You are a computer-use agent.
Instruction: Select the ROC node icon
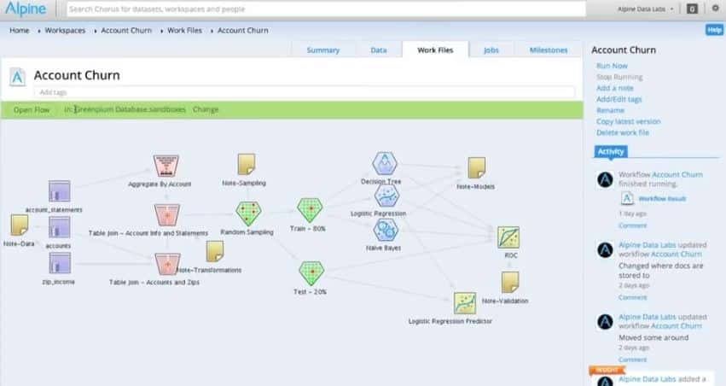coord(508,237)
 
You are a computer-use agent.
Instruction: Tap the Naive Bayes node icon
coord(386,230)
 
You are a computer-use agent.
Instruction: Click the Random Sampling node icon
coord(248,213)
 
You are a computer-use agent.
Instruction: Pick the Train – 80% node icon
coord(310,210)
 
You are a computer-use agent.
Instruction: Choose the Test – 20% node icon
coord(310,273)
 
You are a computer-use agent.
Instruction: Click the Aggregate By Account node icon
coord(166,166)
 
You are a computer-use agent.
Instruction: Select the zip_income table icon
coord(59,262)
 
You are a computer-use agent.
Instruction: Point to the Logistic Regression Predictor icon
coord(465,303)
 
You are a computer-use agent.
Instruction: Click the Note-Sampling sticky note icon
coord(247,164)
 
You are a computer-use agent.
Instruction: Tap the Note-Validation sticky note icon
coord(510,282)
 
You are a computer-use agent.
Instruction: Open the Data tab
coord(378,50)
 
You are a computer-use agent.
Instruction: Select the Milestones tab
coord(548,50)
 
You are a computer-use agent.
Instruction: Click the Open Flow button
coord(31,109)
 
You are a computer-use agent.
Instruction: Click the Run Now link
coord(612,66)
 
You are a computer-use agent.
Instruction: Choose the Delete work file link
coord(622,132)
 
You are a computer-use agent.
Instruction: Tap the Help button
coord(714,30)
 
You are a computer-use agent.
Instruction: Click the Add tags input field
coord(303,91)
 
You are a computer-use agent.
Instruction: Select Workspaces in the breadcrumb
coord(65,30)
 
